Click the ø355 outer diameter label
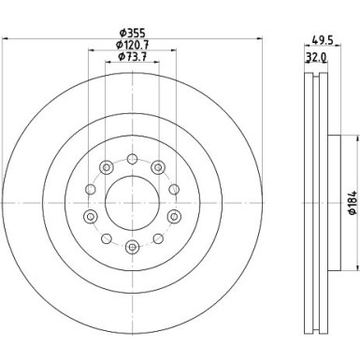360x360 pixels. click(x=133, y=33)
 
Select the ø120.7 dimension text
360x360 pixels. click(x=132, y=45)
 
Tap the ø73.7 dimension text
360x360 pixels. click(x=132, y=57)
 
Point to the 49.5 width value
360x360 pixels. click(x=323, y=40)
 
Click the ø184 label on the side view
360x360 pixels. click(x=353, y=203)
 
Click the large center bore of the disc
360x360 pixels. click(x=133, y=203)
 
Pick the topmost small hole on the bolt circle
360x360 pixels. click(x=133, y=159)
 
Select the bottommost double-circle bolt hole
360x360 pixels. click(x=133, y=247)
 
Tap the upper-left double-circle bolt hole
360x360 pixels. click(x=107, y=167)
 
